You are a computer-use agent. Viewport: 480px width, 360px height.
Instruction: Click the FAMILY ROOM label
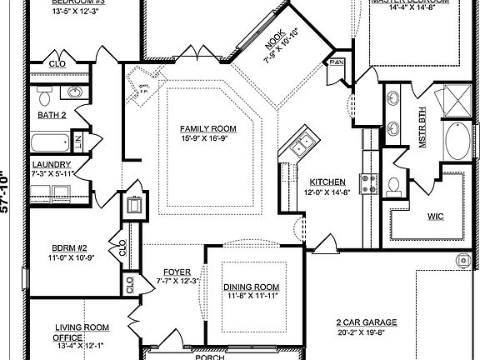[208, 128]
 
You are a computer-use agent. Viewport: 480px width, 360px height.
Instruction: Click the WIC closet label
[435, 217]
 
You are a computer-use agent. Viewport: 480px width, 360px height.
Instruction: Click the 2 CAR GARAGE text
[367, 322]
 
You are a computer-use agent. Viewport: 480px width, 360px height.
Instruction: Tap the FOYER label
[176, 272]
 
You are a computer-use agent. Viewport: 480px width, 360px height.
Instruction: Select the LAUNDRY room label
[52, 164]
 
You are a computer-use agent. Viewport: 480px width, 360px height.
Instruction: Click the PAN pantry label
[337, 62]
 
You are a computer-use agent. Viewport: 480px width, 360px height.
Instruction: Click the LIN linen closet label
[77, 142]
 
